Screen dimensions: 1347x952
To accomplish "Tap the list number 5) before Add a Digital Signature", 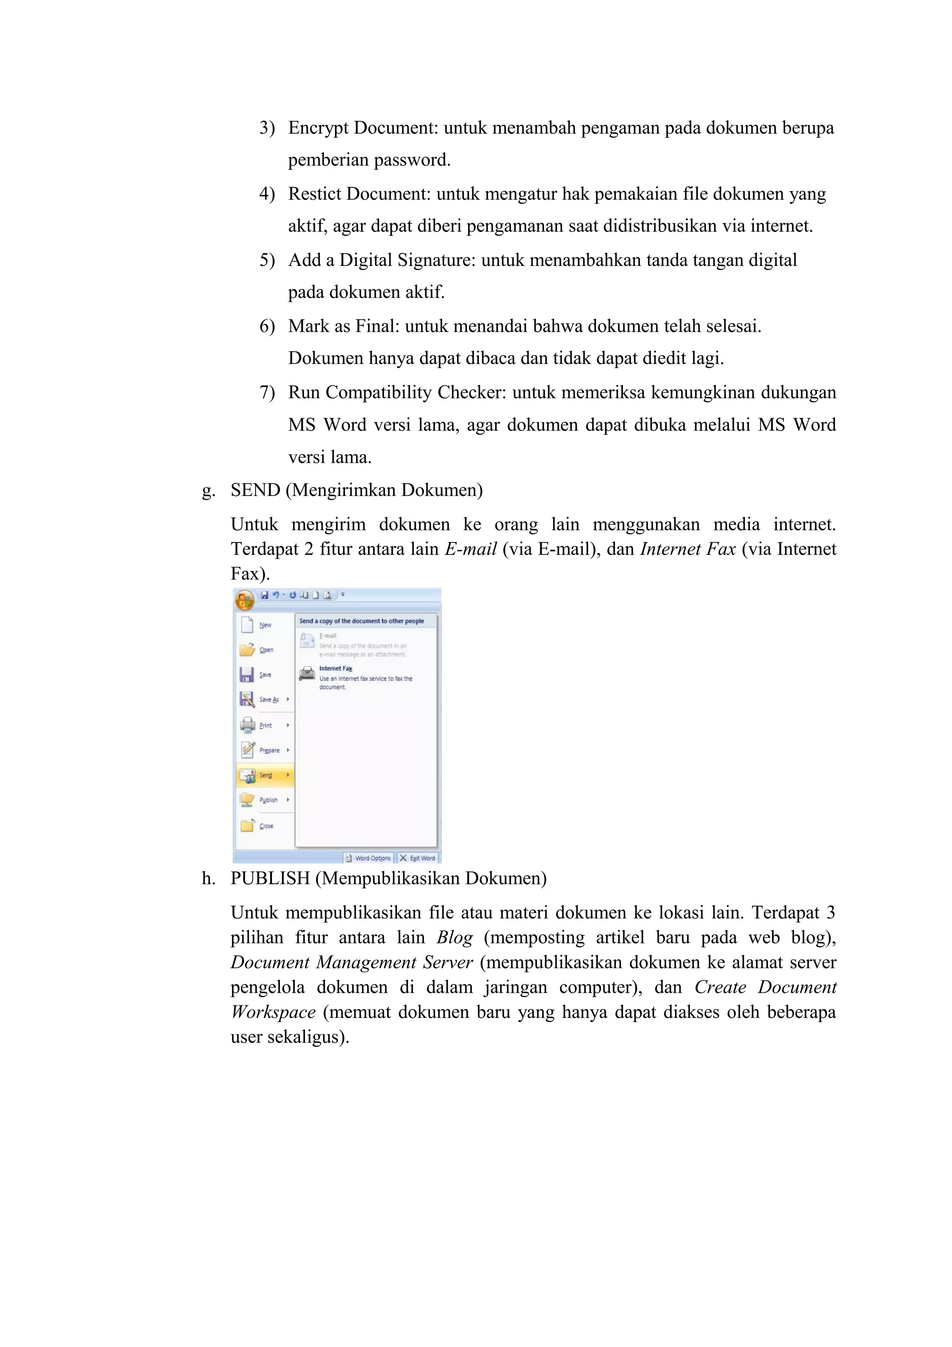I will pyautogui.click(x=267, y=260).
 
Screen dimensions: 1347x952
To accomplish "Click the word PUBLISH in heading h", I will pyautogui.click(x=270, y=878).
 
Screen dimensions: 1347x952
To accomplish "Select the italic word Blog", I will pyautogui.click(x=455, y=938).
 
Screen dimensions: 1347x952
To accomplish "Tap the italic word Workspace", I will pyautogui.click(x=273, y=1012).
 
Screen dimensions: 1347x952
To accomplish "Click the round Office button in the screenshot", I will pyautogui.click(x=245, y=600).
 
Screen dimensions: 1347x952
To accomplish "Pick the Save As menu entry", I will pyautogui.click(x=269, y=700).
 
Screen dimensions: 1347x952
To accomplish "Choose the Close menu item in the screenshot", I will pyautogui.click(x=266, y=826).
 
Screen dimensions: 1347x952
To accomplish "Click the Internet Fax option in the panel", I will pyautogui.click(x=336, y=669).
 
